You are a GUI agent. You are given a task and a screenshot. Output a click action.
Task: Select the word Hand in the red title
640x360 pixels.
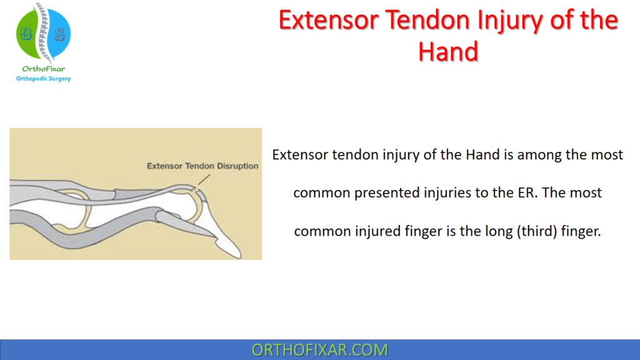click(448, 51)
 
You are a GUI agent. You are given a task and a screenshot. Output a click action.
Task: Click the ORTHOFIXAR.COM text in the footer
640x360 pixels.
click(319, 350)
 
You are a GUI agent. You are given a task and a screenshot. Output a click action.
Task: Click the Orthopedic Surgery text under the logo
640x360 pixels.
click(43, 79)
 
